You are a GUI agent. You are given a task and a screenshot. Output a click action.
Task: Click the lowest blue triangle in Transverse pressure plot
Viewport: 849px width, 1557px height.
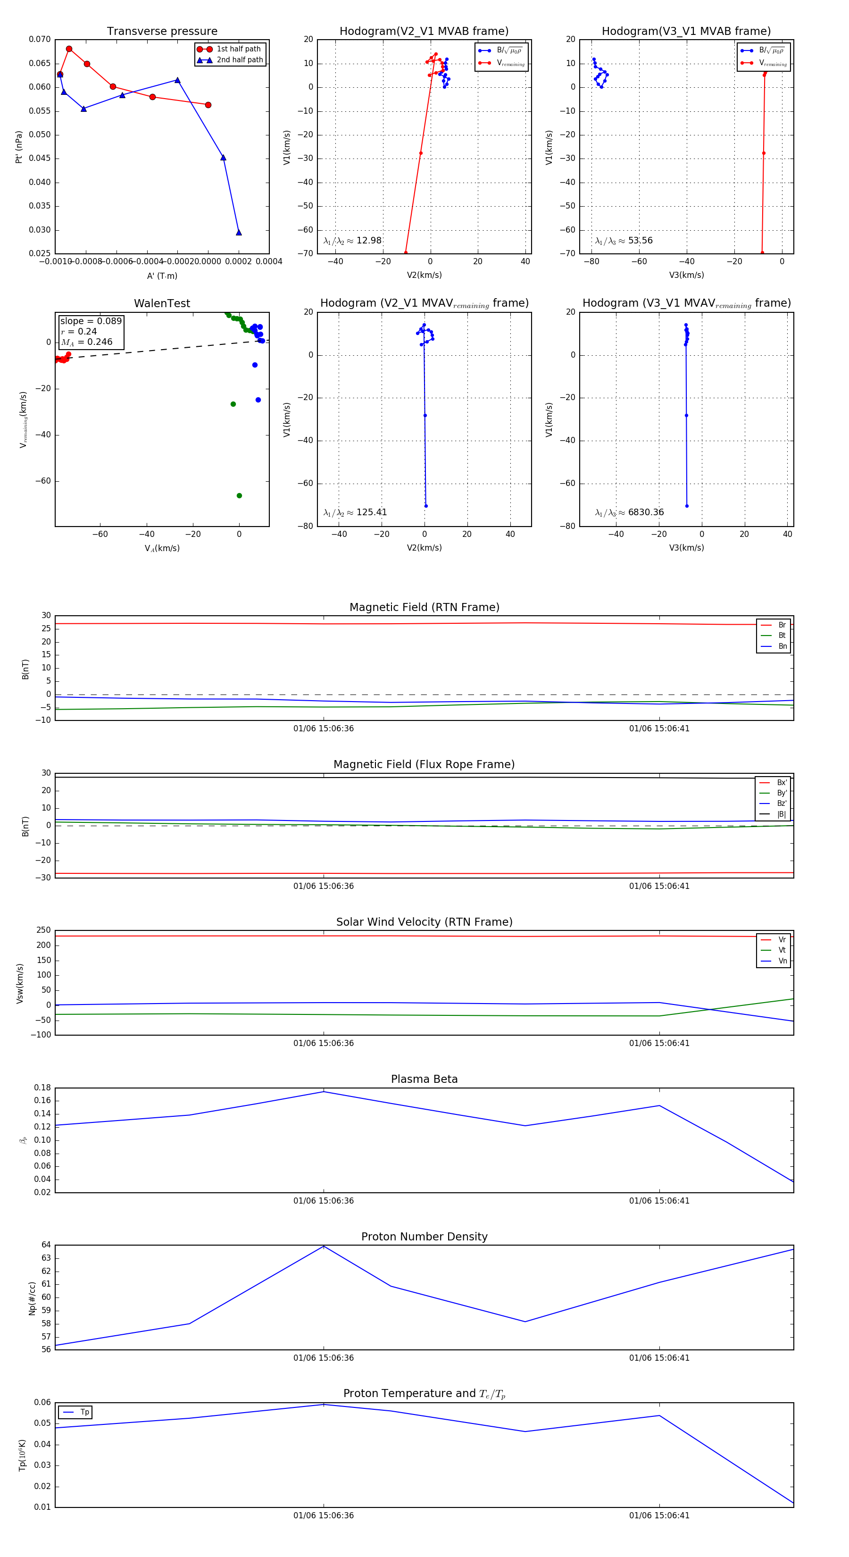pyautogui.click(x=239, y=232)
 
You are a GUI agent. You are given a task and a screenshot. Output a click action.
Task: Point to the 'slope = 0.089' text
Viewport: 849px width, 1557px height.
pyautogui.click(x=91, y=321)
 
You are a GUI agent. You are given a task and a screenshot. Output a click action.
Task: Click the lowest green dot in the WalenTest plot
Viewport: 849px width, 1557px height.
pyautogui.click(x=239, y=495)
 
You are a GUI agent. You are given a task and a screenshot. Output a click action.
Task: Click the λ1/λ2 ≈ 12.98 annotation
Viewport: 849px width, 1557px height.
pyautogui.click(x=352, y=241)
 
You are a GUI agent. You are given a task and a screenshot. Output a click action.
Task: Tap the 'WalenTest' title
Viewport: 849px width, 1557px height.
pyautogui.click(x=162, y=303)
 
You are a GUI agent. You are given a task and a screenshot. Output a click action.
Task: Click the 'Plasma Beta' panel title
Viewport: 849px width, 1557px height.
pyautogui.click(x=424, y=1080)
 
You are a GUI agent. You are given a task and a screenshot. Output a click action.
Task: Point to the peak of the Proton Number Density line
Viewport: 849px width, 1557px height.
pyautogui.click(x=324, y=1247)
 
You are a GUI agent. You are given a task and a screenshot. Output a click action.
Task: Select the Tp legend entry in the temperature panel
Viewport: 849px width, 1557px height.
pyautogui.click(x=84, y=1413)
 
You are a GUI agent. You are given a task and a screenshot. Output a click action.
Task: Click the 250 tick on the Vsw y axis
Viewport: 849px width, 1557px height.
pyautogui.click(x=43, y=931)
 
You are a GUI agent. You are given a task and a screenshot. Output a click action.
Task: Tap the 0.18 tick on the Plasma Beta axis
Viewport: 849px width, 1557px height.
pyautogui.click(x=42, y=1088)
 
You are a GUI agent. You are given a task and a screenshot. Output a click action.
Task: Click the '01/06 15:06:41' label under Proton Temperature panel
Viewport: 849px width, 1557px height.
pyautogui.click(x=658, y=1515)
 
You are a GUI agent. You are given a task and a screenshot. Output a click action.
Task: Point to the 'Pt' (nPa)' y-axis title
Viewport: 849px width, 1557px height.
pyautogui.click(x=19, y=147)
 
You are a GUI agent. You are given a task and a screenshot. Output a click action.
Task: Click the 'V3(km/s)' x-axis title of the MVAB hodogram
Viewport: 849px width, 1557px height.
pyautogui.click(x=686, y=275)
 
